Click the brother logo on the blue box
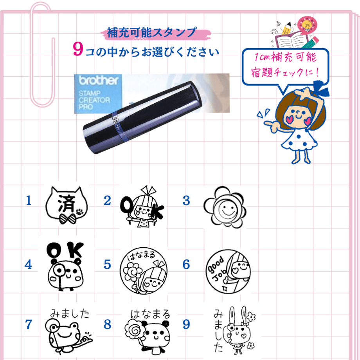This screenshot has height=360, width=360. click(99, 80)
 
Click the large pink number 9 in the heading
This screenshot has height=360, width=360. click(78, 49)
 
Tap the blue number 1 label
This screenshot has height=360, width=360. click(29, 200)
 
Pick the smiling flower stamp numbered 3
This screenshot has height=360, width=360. click(225, 207)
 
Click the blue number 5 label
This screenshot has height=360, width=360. click(108, 264)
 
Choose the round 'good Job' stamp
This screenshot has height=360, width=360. click(228, 272)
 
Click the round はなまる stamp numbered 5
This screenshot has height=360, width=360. click(144, 271)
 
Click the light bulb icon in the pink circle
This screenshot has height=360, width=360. click(307, 25)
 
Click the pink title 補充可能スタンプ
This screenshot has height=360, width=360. click(152, 32)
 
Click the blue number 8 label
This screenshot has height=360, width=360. click(108, 324)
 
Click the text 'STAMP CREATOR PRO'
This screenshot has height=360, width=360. click(94, 100)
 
